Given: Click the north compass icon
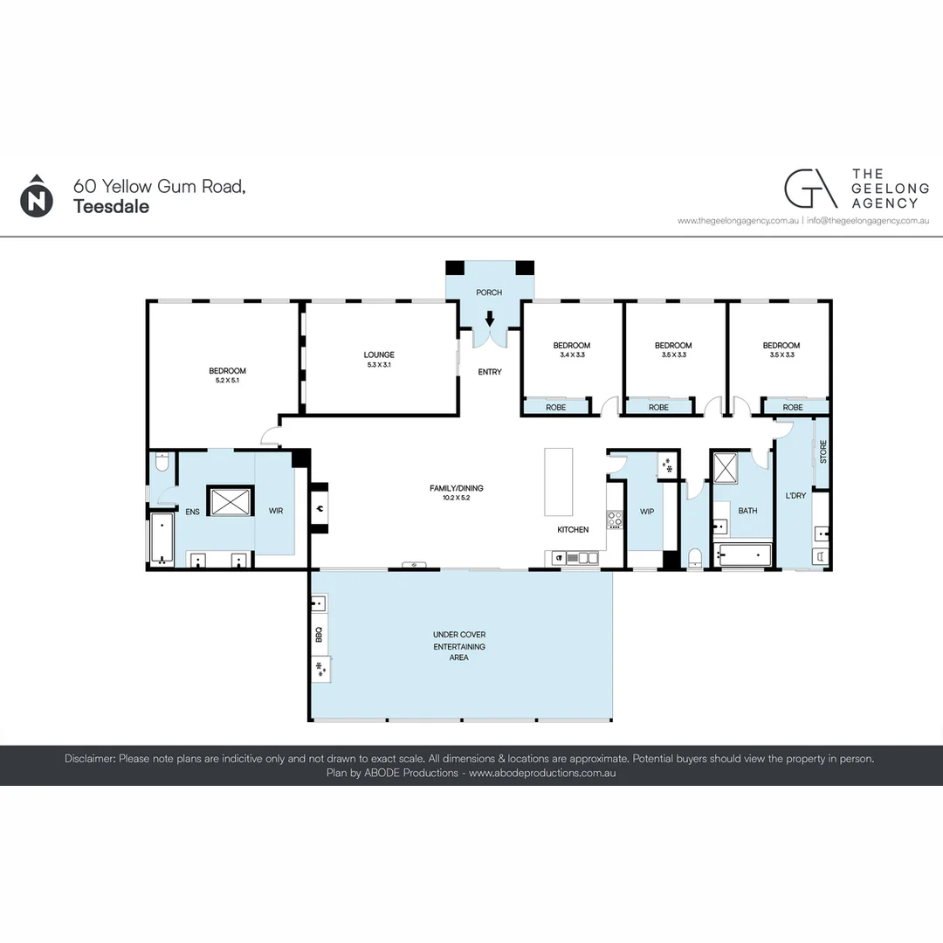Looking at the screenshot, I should (x=36, y=196).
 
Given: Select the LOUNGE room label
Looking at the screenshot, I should (x=379, y=354).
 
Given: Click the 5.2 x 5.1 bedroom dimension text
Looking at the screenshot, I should (x=226, y=381).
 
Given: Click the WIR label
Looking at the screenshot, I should (x=276, y=510).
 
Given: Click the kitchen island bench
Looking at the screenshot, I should (x=559, y=482).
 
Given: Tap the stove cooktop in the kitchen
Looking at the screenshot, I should (x=615, y=520).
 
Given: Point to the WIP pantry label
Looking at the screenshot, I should (x=647, y=512).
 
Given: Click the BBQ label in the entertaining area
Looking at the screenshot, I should (x=319, y=635).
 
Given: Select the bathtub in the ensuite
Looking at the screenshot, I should (x=162, y=539).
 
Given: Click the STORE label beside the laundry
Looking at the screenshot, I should (x=823, y=451).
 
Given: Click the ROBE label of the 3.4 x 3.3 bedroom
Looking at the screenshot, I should (x=555, y=407).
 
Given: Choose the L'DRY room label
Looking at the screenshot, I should (x=795, y=496).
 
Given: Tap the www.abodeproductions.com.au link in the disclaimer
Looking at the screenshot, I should (x=542, y=773).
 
